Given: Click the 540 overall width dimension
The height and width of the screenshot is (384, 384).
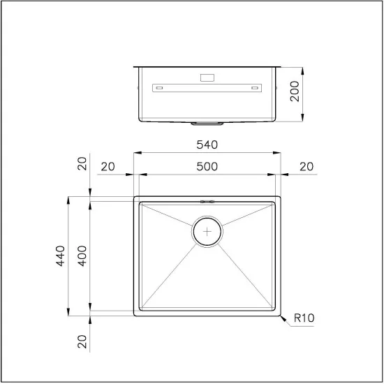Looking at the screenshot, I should (x=207, y=145).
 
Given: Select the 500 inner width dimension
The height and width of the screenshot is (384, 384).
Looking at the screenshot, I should (x=207, y=166).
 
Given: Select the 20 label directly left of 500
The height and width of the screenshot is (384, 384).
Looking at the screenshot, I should (x=108, y=166).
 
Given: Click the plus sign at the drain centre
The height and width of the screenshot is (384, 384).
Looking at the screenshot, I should (x=207, y=231).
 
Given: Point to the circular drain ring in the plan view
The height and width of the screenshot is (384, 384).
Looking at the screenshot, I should (x=207, y=218).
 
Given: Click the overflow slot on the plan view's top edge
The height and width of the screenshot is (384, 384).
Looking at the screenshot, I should (x=207, y=201).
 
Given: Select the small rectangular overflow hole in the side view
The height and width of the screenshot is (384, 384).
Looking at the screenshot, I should (x=208, y=77).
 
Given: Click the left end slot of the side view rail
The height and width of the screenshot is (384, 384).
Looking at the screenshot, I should (x=159, y=88).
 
